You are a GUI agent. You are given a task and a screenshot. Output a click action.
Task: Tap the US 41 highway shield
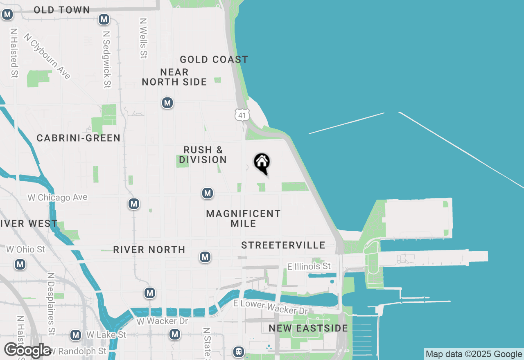[242, 115]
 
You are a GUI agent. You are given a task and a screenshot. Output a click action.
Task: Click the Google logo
[28, 350]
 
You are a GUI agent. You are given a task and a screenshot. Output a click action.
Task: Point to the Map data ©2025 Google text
[474, 354]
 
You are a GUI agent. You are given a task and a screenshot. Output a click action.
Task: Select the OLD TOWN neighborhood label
[62, 10]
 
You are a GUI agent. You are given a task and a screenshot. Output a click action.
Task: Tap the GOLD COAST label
[214, 60]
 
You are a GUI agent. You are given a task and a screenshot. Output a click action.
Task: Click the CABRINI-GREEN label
[79, 138]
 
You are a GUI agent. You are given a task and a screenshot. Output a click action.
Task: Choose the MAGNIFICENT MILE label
[243, 218]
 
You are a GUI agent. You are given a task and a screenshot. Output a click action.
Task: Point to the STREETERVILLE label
[283, 245]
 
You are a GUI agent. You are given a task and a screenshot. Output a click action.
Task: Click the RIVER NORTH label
[149, 250]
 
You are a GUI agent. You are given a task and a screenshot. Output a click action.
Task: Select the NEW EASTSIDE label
[308, 328]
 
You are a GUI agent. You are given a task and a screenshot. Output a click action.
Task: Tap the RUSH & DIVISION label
[203, 155]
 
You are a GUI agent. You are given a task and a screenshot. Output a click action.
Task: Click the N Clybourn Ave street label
[47, 56]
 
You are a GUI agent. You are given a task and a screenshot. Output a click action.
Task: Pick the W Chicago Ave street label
[57, 198]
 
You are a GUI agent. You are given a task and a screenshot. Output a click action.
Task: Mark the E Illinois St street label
[309, 267]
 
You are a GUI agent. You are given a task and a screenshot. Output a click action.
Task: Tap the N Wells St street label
[143, 38]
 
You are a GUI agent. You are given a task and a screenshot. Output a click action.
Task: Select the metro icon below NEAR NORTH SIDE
[167, 103]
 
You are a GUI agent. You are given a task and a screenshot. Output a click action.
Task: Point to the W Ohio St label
[25, 249]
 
